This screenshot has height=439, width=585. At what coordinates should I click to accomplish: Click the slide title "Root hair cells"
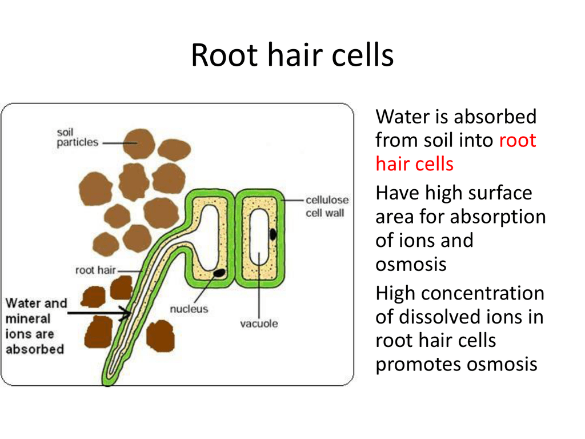pyautogui.click(x=292, y=55)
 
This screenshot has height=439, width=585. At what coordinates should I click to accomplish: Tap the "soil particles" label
pyautogui.click(x=77, y=137)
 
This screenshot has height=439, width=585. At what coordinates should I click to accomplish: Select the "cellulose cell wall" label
pyautogui.click(x=327, y=206)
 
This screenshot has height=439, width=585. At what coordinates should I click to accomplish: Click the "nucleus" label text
pyautogui.click(x=189, y=309)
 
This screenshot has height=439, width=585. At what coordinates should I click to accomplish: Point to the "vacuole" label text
pyautogui.click(x=259, y=324)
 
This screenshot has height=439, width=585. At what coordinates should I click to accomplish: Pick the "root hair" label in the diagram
pyautogui.click(x=95, y=270)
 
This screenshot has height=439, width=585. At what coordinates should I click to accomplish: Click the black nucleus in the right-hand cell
pyautogui.click(x=273, y=234)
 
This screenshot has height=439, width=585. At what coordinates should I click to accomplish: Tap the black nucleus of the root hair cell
pyautogui.click(x=219, y=273)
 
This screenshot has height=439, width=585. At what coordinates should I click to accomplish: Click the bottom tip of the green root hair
pyautogui.click(x=107, y=385)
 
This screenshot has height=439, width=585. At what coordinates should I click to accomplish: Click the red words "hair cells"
pyautogui.click(x=415, y=164)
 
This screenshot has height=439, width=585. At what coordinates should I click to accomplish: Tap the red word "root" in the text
pyautogui.click(x=518, y=141)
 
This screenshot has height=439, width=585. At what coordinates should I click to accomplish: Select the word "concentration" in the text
pyautogui.click(x=482, y=293)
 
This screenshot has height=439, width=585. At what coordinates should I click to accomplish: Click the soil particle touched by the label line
pyautogui.click(x=139, y=143)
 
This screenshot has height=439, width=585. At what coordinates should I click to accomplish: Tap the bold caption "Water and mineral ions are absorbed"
pyautogui.click(x=36, y=326)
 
